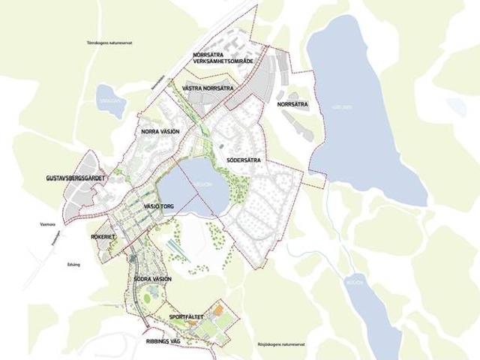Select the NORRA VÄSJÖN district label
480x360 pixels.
160,131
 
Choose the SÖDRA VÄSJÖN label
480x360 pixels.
152,279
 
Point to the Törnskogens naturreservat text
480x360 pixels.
109,43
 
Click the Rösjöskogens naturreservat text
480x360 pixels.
286,346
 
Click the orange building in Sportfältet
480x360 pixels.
218,308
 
